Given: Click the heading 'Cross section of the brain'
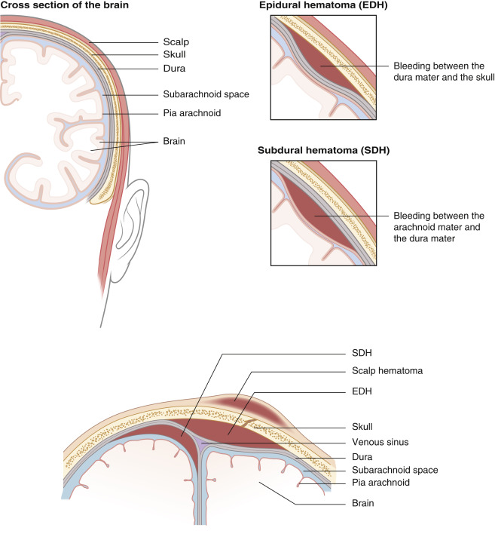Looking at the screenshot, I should coord(63,7).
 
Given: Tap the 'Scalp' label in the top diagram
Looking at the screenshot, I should coord(176,42).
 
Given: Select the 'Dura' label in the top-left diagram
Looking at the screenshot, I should coord(173,69).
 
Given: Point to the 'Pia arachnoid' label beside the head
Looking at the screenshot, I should coord(191,114).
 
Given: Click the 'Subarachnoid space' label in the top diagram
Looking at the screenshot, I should coord(205,94).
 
